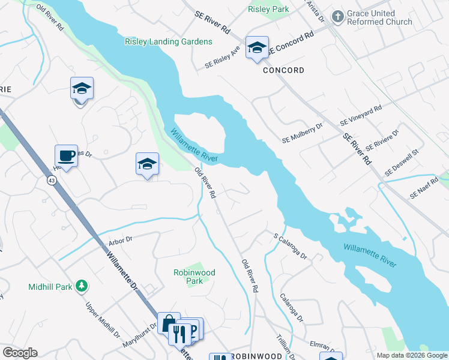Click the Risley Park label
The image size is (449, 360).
pyautogui.click(x=268, y=9)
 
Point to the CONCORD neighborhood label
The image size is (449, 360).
pyautogui.click(x=283, y=70)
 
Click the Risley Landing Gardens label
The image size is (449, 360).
pyautogui.click(x=169, y=41)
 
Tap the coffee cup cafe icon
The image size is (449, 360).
pyautogui.click(x=66, y=156)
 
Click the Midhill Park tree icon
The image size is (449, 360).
pyautogui.click(x=81, y=287)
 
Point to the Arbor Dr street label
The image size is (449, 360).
pyautogui.click(x=120, y=243)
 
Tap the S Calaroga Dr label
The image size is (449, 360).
pyautogui.click(x=290, y=246)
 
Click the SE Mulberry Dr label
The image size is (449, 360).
pyautogui.click(x=303, y=133)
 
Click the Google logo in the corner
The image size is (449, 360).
pyautogui.click(x=19, y=353)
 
